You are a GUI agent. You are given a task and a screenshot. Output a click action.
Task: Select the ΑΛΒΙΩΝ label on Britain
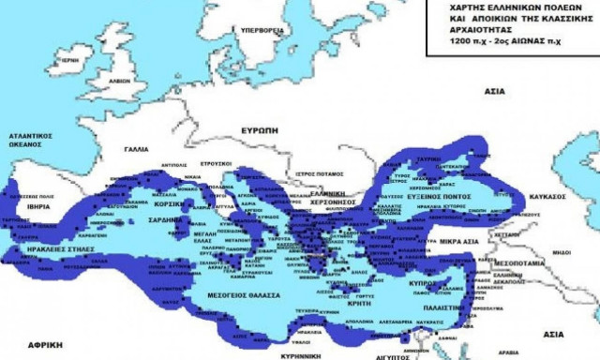[x=119, y=81]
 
